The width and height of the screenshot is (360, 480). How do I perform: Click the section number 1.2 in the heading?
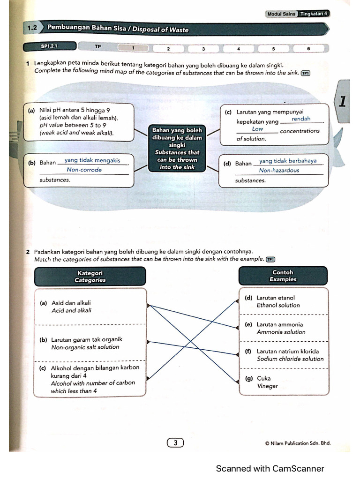pos(32,29)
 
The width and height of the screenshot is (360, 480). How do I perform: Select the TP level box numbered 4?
pos(239,48)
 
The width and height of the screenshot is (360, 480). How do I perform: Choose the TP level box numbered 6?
pos(308,48)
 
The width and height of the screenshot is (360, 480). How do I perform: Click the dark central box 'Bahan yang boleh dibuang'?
pos(178,148)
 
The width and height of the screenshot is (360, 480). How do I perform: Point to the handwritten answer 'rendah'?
pos(301,119)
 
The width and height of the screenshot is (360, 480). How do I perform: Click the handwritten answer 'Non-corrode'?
pos(84,170)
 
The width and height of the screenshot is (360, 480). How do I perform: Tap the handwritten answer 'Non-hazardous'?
pos(279,171)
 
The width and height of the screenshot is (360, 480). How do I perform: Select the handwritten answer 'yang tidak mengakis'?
pos(92,160)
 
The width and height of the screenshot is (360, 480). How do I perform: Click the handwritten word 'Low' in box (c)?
pos(257,129)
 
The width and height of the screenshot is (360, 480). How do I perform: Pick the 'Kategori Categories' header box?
pos(90,276)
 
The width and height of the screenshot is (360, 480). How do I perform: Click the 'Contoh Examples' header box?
pos(283,276)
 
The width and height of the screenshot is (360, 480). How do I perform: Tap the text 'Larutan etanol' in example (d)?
pos(276,298)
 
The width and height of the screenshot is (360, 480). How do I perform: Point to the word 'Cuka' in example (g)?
pos(264,378)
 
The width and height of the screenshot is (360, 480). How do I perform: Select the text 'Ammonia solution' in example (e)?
pos(281,332)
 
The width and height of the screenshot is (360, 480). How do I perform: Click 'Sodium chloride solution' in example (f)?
pos(290,359)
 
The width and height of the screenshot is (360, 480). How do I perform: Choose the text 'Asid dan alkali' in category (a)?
pos(71,303)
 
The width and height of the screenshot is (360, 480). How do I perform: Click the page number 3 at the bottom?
pos(175,442)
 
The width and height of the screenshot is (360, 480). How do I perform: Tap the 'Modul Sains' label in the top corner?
pos(281,14)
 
